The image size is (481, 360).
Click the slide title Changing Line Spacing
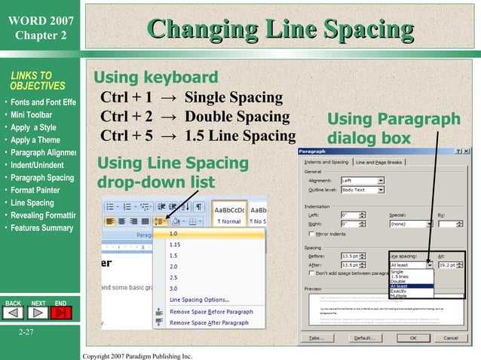pos(281,29)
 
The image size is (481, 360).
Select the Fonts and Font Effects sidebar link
pos(42,102)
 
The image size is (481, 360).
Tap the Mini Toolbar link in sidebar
pos(31,114)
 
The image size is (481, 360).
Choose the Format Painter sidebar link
pos(35,190)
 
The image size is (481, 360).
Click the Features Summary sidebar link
pos(41,228)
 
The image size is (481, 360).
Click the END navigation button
pos(61,303)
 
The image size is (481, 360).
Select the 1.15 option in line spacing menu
pos(175,245)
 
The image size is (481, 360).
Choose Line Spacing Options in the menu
pos(199,300)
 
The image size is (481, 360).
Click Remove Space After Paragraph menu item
pos(209,322)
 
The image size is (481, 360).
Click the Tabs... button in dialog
pos(320,338)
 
